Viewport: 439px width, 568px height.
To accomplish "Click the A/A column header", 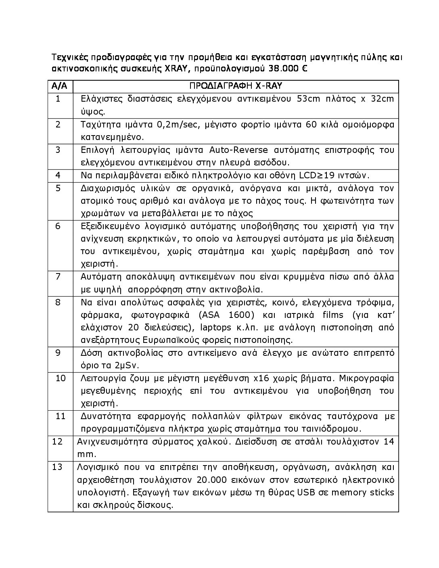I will (60, 86).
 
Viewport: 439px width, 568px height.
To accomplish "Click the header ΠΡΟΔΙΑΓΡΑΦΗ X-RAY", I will (236, 86).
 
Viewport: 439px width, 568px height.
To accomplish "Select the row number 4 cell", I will (58, 175).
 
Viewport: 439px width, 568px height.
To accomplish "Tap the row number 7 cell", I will (58, 276).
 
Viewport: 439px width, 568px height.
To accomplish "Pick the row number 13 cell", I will (58, 467).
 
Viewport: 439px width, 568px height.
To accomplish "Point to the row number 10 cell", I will (60, 378).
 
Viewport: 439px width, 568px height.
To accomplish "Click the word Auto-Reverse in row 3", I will (238, 150).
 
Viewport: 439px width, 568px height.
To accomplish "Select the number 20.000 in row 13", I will (211, 480).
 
